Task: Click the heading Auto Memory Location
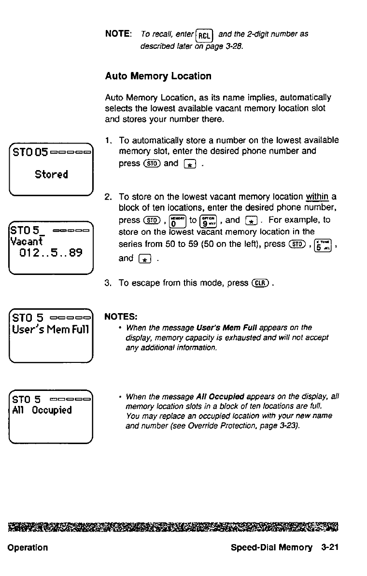coord(158,76)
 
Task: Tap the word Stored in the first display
coord(51,174)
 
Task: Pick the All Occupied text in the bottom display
coord(42,410)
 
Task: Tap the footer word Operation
coord(28,547)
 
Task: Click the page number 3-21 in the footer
coord(329,547)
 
